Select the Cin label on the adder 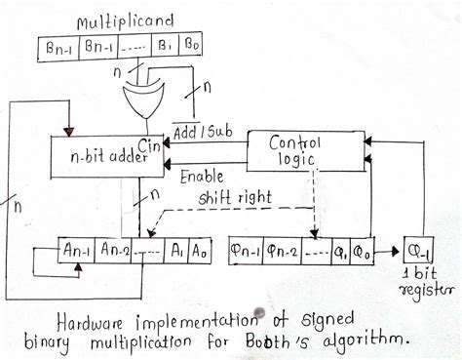149,145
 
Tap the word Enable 202,177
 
